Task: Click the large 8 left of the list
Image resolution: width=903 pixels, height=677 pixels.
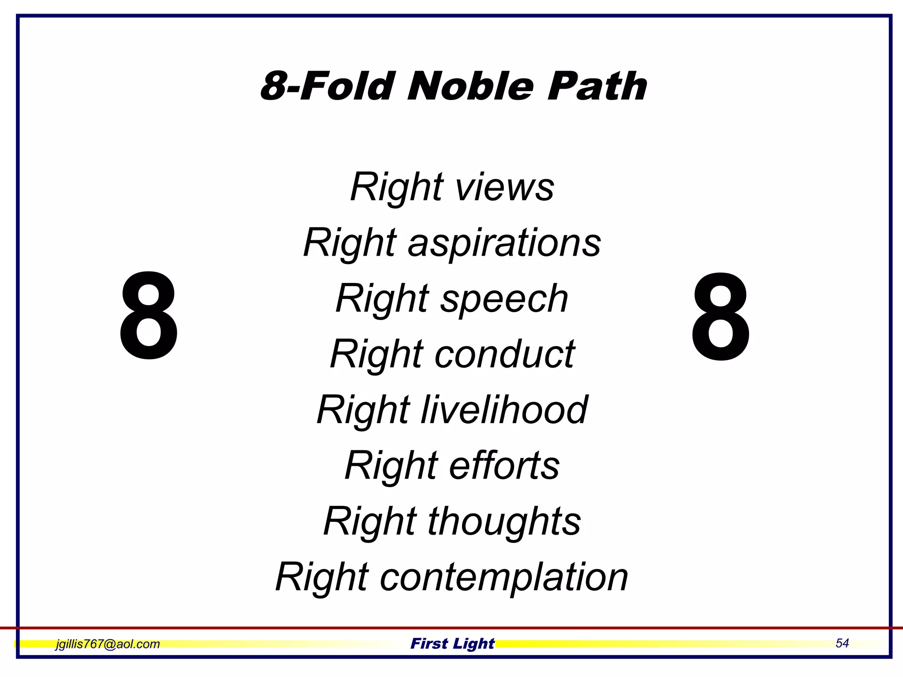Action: (149, 316)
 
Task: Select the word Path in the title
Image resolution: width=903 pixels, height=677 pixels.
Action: (597, 86)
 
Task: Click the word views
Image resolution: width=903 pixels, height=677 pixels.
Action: (504, 187)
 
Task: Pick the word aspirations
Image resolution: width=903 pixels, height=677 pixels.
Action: (504, 243)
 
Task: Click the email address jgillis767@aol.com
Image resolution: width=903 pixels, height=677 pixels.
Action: (108, 644)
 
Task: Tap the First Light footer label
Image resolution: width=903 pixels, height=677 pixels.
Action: (452, 644)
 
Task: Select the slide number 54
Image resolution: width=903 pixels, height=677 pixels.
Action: (842, 643)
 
